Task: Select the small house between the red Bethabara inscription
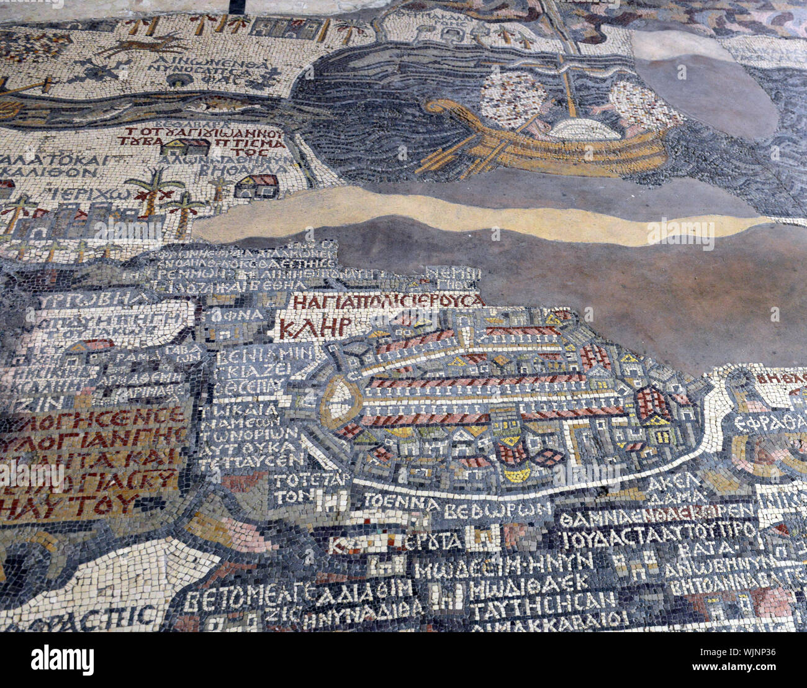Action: pyautogui.click(x=185, y=147)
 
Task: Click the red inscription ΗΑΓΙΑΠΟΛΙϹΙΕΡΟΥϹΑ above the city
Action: pyautogui.click(x=388, y=301)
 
